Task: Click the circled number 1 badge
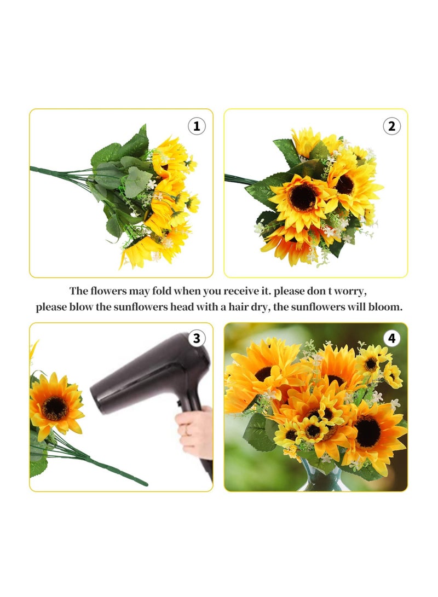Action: coord(197,126)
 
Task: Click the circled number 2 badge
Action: coord(391,126)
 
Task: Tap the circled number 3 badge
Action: coord(197,339)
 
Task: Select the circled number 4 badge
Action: coord(391,339)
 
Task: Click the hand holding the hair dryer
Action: coord(196,431)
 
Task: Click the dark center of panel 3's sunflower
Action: coord(55,408)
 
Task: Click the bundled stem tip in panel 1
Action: coord(34,169)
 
